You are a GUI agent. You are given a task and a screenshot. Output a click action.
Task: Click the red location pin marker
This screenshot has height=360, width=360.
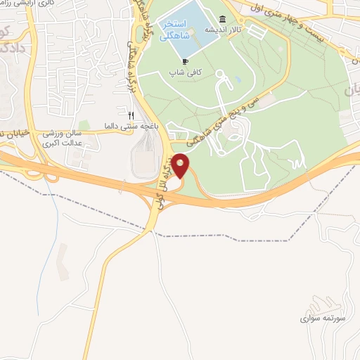(x=181, y=166)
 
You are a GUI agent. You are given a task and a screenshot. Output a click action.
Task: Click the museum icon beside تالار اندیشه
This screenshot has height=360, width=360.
(x=223, y=18)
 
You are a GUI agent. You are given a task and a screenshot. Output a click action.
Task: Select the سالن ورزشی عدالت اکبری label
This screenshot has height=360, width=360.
(x=79, y=138)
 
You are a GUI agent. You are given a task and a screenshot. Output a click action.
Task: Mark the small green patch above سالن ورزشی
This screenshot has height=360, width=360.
(x=84, y=125)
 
